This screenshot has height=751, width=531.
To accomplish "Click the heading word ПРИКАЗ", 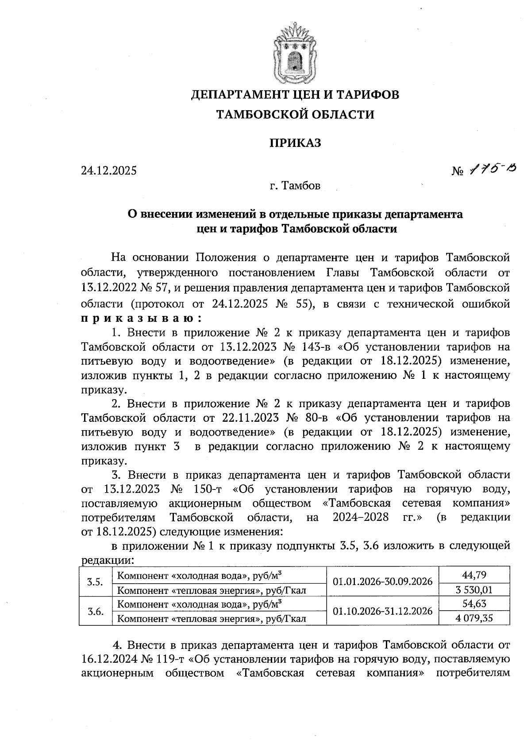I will tap(295, 143).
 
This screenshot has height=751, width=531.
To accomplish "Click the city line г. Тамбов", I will tap(295, 186).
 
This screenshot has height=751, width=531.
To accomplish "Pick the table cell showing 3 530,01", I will tap(474, 589).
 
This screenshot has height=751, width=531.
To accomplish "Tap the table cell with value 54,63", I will tap(474, 604).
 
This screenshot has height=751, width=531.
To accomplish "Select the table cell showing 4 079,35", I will tap(474, 618).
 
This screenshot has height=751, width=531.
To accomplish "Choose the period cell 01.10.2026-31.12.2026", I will tap(382, 611).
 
